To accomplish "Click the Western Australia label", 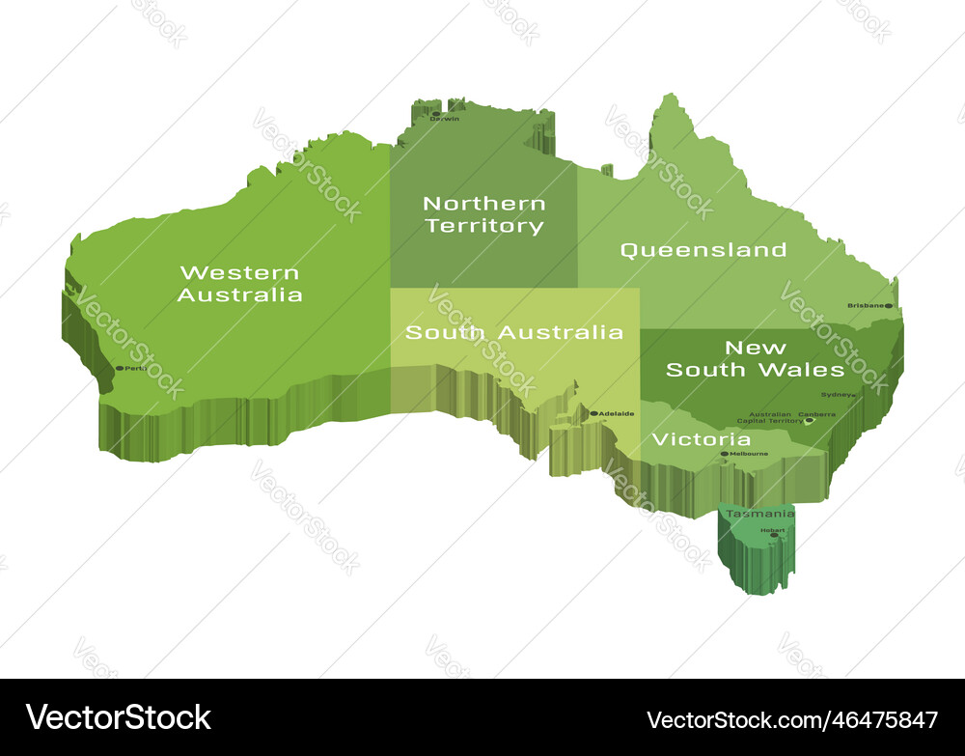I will tap(240, 284).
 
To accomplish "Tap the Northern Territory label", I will tap(484, 214).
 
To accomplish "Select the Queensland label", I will tap(703, 250).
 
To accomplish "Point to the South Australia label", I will tap(513, 332).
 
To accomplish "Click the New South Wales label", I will tap(756, 358).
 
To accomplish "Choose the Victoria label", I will tap(702, 439).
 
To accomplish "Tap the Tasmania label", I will tap(760, 514).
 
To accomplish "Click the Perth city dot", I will tap(120, 368).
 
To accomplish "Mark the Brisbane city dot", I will tap(888, 306).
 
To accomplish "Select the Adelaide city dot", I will tap(593, 413).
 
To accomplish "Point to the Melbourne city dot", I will tap(725, 454).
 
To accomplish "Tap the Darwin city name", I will tap(446, 119).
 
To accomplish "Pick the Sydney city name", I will tap(837, 394).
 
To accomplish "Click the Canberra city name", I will tap(817, 413).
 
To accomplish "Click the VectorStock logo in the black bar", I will tap(119, 717).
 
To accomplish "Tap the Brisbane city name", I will tap(866, 306).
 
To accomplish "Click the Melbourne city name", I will tap(750, 454).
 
